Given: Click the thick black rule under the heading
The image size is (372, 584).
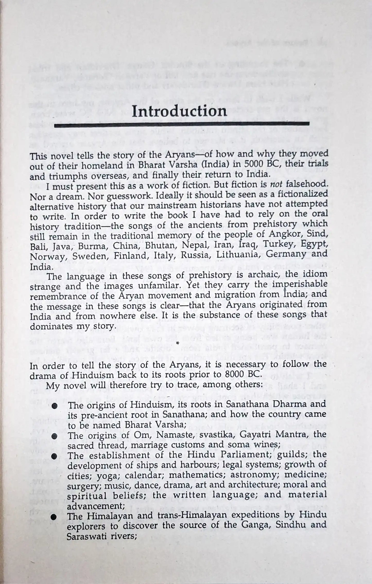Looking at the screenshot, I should [x=181, y=125].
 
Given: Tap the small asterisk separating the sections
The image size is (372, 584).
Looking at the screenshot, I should [x=177, y=343].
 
